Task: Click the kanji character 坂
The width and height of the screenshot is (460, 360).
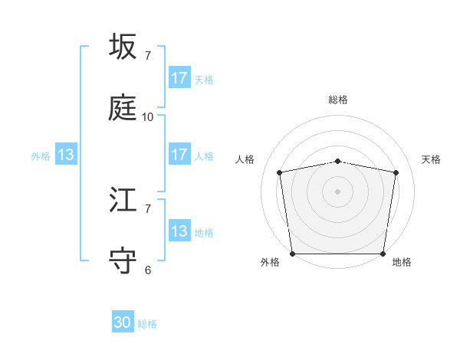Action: [123, 47]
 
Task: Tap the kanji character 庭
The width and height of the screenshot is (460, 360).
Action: [123, 108]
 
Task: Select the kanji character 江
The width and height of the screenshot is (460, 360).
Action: [123, 201]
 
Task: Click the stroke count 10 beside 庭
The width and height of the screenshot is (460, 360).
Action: [148, 117]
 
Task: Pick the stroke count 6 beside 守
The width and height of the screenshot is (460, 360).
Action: [148, 270]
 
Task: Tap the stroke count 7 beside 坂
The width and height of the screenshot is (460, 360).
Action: [148, 56]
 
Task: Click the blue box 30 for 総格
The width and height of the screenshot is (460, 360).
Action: [123, 323]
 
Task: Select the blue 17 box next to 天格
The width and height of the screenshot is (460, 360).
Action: [179, 78]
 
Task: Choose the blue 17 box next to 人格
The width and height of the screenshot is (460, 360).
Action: [179, 155]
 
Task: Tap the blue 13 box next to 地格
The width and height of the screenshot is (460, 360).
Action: [179, 231]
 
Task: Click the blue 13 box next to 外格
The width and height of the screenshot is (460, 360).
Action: [66, 155]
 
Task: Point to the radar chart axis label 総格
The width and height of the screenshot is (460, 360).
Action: [338, 100]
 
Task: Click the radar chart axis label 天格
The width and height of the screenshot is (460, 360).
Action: [432, 159]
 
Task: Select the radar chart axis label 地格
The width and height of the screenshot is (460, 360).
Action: [402, 262]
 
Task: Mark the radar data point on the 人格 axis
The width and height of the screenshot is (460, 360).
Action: [280, 172]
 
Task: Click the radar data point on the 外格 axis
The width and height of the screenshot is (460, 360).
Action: [292, 254]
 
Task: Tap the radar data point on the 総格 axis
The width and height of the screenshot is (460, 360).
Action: [338, 161]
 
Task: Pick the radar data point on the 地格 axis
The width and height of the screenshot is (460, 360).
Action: [383, 254]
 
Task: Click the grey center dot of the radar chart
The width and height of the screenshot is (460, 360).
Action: [338, 191]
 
